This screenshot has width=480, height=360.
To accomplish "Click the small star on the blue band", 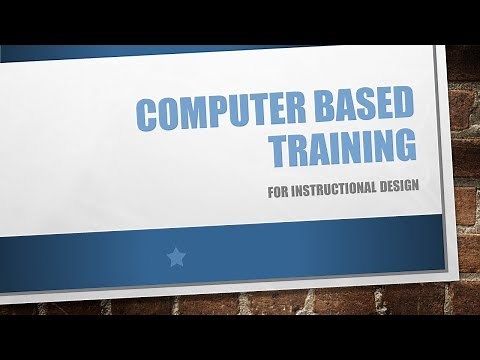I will (176, 257).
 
